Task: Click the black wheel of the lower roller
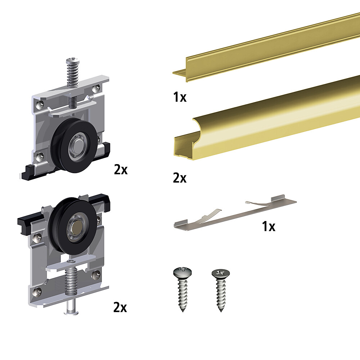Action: tap(73, 226)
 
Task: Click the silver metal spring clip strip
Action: tap(235, 213)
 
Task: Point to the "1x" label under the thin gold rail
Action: tap(180, 97)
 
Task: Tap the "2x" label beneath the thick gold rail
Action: tap(180, 178)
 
